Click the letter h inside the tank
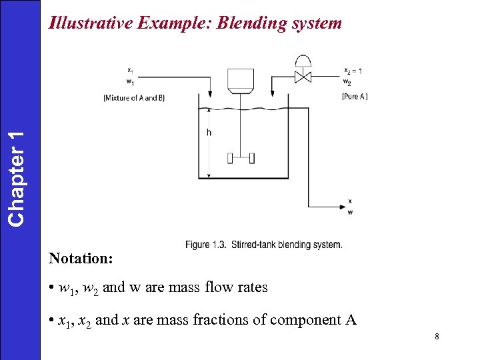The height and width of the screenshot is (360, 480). (x=209, y=133)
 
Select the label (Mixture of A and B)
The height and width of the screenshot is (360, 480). (x=134, y=98)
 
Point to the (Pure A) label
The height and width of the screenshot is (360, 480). (x=354, y=97)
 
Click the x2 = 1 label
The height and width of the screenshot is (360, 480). (x=353, y=71)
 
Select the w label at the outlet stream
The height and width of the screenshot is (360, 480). (x=351, y=213)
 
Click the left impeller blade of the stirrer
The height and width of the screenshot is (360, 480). (x=231, y=158)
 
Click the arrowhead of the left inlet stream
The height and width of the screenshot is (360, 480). (x=211, y=93)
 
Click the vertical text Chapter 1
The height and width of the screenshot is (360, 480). (x=19, y=177)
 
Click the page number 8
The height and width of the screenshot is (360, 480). (x=436, y=337)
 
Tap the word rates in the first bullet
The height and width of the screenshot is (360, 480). (x=251, y=288)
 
